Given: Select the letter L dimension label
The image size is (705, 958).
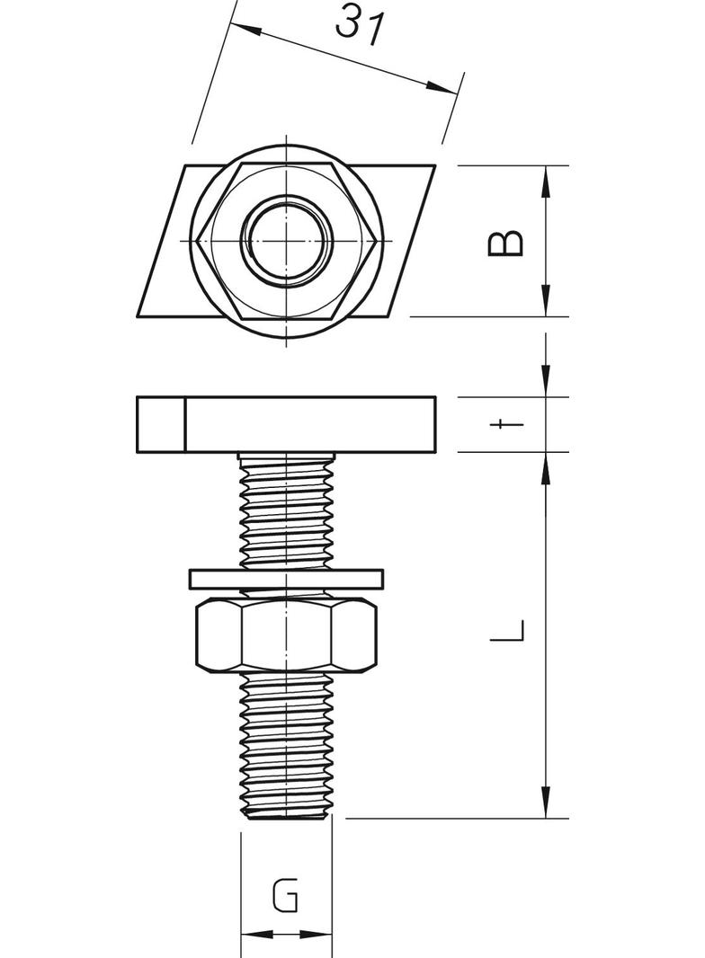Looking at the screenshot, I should (x=507, y=629).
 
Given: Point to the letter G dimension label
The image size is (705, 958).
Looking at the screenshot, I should (x=285, y=896).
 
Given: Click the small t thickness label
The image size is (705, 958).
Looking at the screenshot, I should (x=508, y=424).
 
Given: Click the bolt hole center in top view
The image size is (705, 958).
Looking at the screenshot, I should (x=287, y=242).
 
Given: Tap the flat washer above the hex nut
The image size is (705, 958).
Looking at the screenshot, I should (x=286, y=578).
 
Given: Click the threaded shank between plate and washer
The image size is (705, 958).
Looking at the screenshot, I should (x=286, y=512).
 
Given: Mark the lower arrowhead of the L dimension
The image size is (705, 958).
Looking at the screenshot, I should (x=546, y=805).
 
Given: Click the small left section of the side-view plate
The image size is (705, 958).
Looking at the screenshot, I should (x=161, y=423).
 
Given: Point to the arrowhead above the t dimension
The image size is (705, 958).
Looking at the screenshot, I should (x=546, y=382).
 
